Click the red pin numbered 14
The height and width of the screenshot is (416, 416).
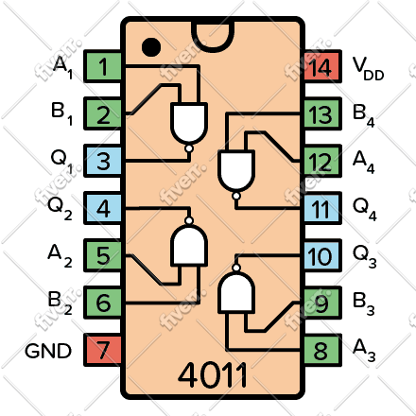coord(322,66)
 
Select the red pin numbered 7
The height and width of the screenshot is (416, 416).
coord(102,350)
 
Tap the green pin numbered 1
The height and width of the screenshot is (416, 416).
coord(102,66)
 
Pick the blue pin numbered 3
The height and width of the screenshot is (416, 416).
coord(102,161)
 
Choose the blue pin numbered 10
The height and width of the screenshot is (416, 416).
coord(322,255)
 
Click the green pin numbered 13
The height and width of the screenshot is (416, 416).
coord(322,113)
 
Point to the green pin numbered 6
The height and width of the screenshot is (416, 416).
coord(102,303)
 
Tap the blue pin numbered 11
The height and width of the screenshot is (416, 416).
coord(322,208)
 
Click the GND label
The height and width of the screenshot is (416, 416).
coord(48,351)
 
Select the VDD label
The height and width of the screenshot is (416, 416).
coord(368,68)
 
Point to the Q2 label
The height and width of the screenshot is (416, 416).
coord(60,208)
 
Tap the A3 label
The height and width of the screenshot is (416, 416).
coord(364,350)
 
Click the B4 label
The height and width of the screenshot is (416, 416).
coord(364,116)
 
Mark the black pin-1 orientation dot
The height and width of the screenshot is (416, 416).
coord(151,47)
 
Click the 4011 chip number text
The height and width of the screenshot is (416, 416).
coord(213,375)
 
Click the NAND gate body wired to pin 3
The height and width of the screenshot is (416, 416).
coord(189,123)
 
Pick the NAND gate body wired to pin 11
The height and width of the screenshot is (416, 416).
coord(236,171)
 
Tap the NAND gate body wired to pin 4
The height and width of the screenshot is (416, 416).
coord(189,245)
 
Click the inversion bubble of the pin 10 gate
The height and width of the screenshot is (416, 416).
coord(236,268)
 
